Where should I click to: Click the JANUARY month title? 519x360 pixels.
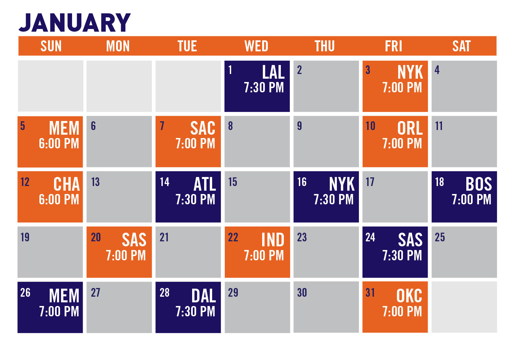coord(75,22)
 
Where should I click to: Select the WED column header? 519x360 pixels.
coord(256,46)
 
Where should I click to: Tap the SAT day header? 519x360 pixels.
coord(462,46)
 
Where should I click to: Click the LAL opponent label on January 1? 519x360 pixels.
coord(274,72)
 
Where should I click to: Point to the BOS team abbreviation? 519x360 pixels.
coord(479,184)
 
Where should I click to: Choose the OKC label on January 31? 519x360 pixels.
coord(409,296)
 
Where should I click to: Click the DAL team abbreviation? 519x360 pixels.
coord(204,296)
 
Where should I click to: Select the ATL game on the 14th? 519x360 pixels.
coord(205,184)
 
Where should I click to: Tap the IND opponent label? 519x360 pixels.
coord(273,240)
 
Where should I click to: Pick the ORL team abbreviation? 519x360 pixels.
coord(410,128)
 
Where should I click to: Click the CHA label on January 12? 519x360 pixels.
coord(66,184)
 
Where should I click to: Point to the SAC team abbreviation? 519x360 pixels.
coord(203,128)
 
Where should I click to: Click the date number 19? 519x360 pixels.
coord(25,237)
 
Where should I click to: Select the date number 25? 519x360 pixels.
coord(440,237)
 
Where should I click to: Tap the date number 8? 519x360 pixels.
coord(230,126)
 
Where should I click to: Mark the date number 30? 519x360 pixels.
coord(302,292)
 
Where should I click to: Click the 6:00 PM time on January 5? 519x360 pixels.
coord(59,143)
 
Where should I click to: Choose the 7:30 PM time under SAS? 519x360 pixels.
coord(402,255)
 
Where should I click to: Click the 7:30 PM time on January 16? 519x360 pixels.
coord(334,199)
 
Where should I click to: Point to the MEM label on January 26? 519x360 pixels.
coord(64,296)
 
